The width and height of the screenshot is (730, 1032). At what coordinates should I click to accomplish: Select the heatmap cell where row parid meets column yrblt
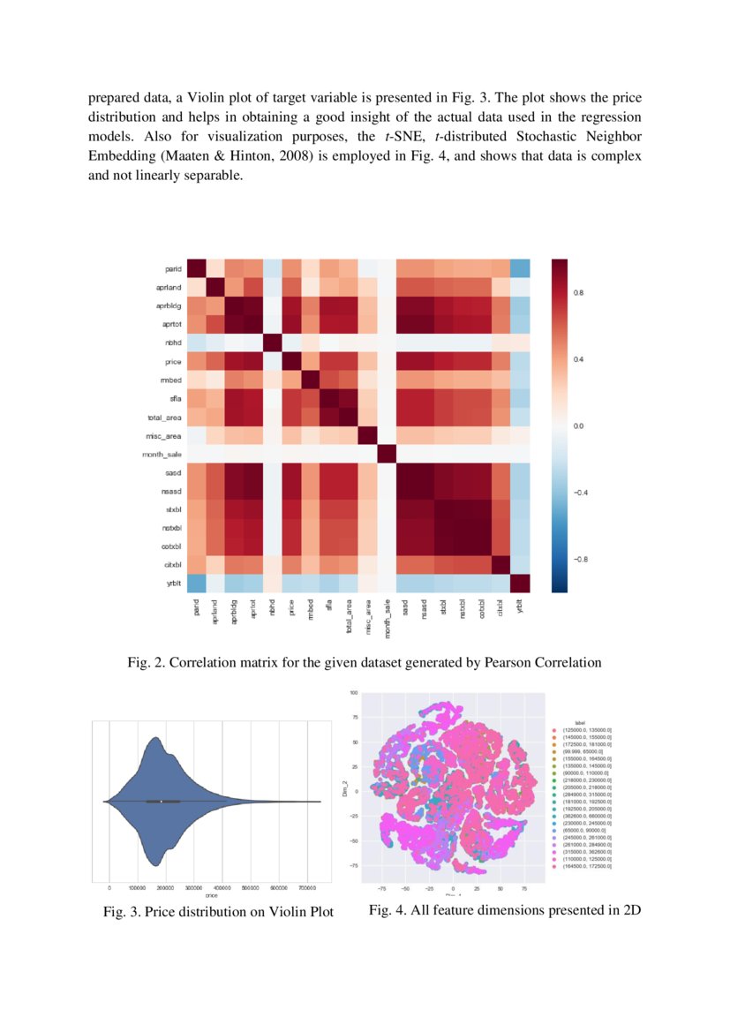(520, 268)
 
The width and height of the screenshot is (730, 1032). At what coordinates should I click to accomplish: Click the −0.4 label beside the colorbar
(580, 492)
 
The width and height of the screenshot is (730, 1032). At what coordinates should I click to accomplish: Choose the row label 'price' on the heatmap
(173, 361)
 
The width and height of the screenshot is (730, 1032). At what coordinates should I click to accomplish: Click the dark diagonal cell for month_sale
(384, 454)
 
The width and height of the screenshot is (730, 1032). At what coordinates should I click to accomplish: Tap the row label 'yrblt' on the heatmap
(174, 583)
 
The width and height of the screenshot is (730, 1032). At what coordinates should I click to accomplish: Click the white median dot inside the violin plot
(161, 801)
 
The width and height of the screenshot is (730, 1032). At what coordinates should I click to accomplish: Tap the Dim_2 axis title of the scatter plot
(345, 791)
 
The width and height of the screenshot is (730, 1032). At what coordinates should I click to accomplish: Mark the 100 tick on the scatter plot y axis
(353, 693)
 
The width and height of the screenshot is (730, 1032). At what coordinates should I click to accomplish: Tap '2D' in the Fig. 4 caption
(629, 910)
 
